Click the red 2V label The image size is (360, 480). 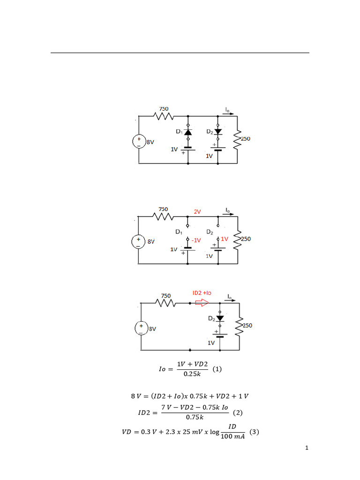click(197, 212)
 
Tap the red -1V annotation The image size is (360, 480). click(196, 240)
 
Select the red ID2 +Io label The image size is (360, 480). click(202, 292)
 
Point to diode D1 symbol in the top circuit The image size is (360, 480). click(188, 133)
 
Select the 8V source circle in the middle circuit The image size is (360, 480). click(139, 241)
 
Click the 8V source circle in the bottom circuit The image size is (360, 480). click(141, 329)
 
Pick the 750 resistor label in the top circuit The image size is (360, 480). click(163, 108)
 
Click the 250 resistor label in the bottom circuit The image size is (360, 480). click(247, 324)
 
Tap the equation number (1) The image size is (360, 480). click(217, 369)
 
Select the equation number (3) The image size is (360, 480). click(254, 432)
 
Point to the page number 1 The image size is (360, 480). click(307, 448)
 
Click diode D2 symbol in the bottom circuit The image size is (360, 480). click(219, 319)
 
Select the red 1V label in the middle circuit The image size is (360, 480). click(225, 239)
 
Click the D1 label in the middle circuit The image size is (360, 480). click(179, 232)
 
